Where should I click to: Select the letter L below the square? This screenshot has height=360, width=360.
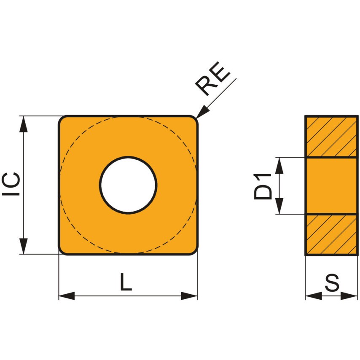[125, 282]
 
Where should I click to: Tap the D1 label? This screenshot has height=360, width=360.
[263, 186]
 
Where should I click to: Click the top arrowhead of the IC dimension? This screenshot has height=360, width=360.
[24, 124]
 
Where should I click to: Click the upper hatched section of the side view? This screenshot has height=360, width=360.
[331, 137]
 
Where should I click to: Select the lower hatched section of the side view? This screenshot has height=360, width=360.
[331, 234]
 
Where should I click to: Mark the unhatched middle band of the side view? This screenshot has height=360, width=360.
[331, 186]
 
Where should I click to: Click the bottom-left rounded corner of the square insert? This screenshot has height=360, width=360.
[62, 251]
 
